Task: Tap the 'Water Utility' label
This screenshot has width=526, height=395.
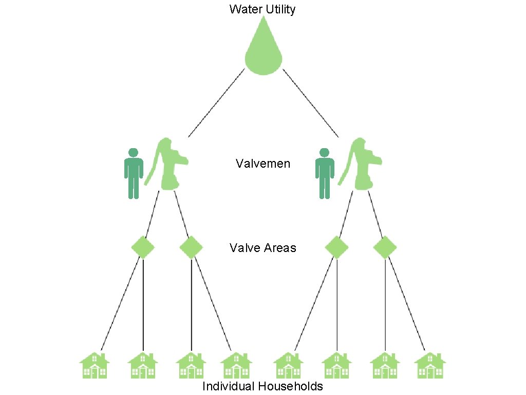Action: coord(262,9)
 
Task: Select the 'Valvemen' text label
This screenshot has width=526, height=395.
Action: coord(263,164)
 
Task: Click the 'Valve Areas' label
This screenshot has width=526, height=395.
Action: coord(263,248)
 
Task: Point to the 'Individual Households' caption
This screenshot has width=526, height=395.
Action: coord(262,386)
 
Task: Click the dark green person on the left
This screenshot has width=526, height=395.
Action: coord(134,173)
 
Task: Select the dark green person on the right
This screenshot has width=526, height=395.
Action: coord(324,173)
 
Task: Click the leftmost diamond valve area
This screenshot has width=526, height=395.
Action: coord(143,247)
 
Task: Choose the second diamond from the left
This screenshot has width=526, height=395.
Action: coord(192,247)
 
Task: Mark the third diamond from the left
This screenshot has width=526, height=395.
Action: coord(337,247)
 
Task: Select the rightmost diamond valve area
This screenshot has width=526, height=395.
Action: coord(385,247)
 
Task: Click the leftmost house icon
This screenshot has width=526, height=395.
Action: coord(95,366)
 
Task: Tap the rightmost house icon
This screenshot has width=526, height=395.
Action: coord(430,366)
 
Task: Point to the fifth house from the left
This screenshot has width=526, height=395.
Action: coord(289,366)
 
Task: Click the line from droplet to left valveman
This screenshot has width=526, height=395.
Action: coord(216,103)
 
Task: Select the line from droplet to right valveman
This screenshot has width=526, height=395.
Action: coord(311,103)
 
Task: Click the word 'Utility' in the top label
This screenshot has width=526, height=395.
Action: coord(279,9)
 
